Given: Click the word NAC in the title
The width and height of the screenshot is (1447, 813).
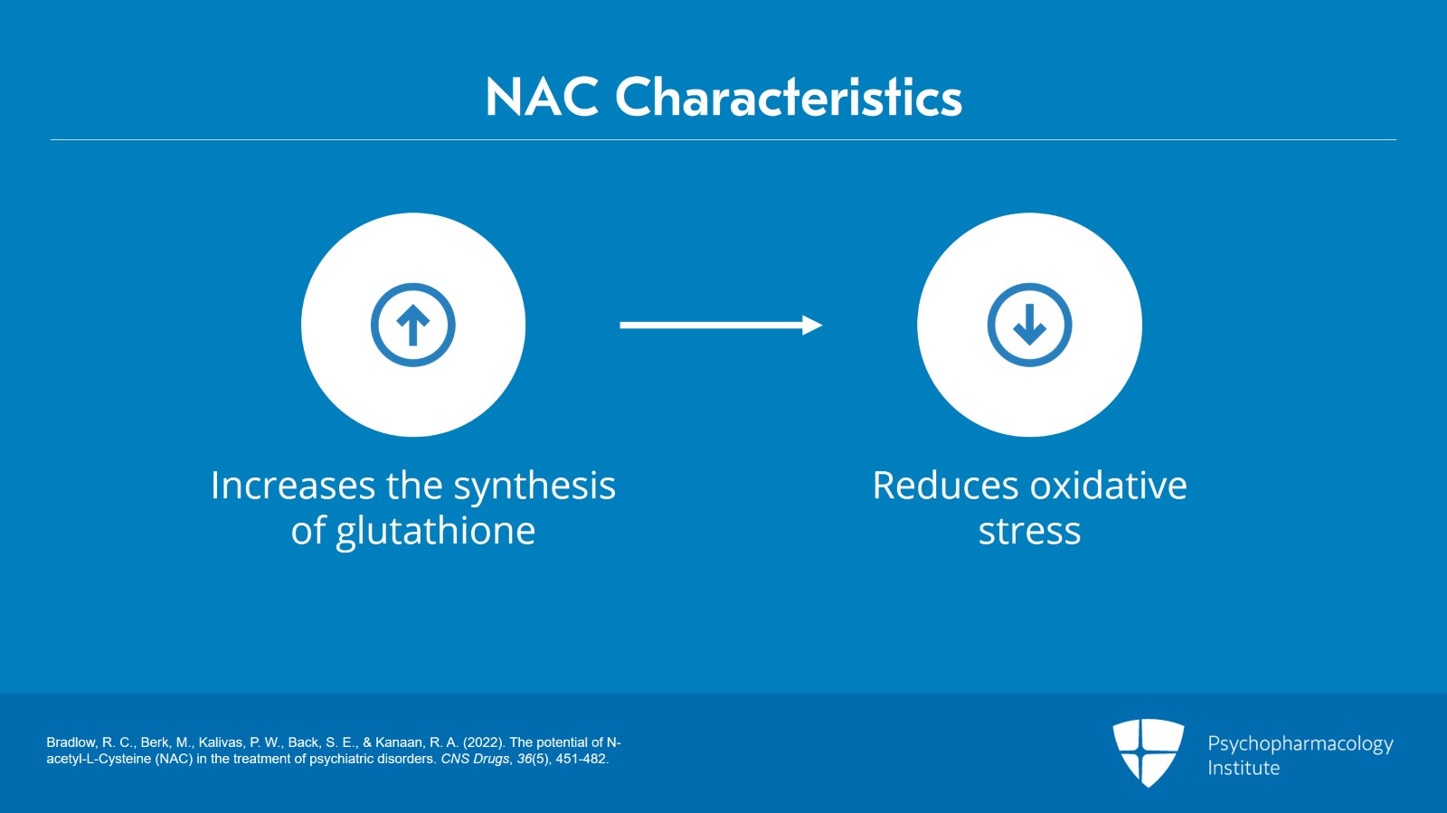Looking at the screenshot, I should click(x=542, y=97).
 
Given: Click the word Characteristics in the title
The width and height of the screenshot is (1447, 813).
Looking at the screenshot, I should click(x=788, y=97).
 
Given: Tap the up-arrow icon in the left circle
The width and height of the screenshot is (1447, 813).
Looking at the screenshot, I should click(x=413, y=325).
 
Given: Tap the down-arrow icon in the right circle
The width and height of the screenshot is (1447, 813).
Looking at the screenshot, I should click(x=1029, y=325).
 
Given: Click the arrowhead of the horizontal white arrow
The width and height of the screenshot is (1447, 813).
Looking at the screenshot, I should click(x=812, y=325).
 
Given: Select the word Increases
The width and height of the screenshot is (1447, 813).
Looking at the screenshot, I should click(x=292, y=486).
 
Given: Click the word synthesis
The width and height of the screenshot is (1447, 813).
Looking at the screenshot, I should click(x=534, y=486).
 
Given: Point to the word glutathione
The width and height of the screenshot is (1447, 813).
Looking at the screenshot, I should click(x=435, y=531).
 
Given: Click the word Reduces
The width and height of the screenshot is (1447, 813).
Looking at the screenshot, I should click(x=945, y=486).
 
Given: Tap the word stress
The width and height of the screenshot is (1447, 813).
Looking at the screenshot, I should click(x=1029, y=531).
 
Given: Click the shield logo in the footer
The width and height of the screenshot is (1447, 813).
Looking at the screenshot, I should click(x=1148, y=752).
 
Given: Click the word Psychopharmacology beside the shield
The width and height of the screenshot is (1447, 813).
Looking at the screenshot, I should click(x=1300, y=743).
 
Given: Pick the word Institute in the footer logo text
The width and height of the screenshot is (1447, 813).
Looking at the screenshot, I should click(x=1244, y=768).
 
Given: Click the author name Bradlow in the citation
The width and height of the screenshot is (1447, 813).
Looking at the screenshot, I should click(x=71, y=742).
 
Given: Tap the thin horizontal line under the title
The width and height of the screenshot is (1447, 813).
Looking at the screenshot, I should click(x=723, y=140).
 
